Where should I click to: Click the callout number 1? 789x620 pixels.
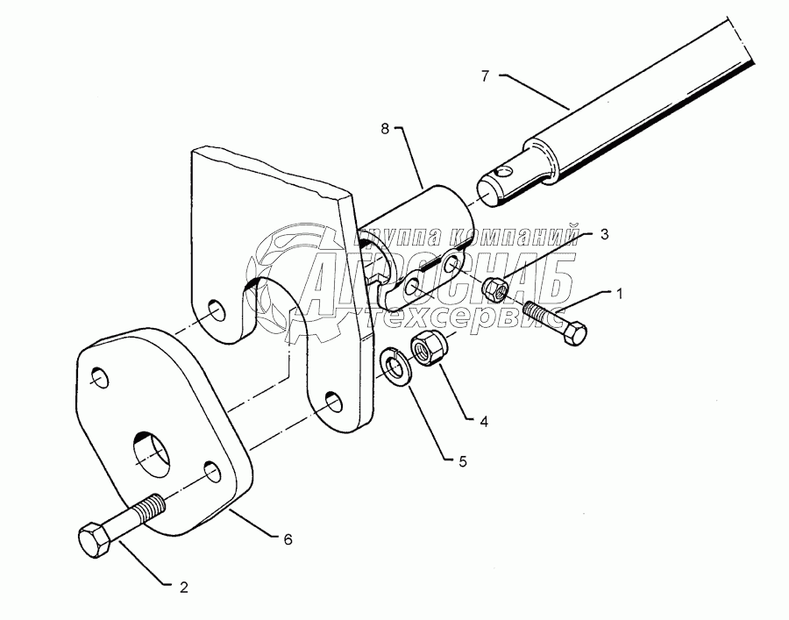coord(619,295)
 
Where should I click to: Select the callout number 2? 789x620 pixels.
coord(183,588)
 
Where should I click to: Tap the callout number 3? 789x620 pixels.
coord(604,234)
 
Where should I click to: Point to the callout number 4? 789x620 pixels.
coord(483,420)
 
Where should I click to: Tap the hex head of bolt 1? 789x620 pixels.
coord(576,333)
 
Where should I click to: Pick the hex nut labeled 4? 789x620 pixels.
coord(429,347)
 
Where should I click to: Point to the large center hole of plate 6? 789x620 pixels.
coord(153,453)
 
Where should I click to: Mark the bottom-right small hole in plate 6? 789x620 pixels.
coord(210,472)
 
